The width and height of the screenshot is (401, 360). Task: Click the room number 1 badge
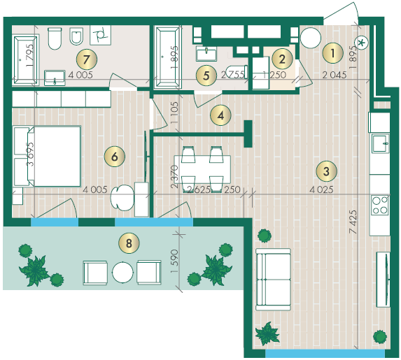[332, 53]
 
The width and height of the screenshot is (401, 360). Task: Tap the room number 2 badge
[282, 59]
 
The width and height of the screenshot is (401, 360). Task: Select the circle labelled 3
[326, 171]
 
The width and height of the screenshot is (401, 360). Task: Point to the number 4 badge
[220, 115]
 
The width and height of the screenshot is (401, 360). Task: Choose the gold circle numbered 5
[206, 75]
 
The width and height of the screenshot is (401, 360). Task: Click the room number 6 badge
[115, 157]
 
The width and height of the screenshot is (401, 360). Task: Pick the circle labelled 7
[87, 59]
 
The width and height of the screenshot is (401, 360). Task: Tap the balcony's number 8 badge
[129, 243]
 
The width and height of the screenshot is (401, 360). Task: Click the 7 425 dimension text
[353, 222]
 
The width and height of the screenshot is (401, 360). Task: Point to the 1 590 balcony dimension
[174, 261]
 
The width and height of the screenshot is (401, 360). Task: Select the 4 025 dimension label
[321, 189]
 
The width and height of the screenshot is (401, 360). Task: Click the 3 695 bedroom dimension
[30, 154]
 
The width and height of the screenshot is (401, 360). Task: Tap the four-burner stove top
[381, 205]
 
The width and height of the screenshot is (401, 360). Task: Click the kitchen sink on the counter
[380, 144]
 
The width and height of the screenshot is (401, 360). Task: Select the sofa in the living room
[274, 279]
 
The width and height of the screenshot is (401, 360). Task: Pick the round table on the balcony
[122, 273]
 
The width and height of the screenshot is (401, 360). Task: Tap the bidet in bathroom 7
[76, 36]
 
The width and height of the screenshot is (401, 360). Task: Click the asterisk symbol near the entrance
[361, 43]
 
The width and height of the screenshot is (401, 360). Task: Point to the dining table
[202, 169]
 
